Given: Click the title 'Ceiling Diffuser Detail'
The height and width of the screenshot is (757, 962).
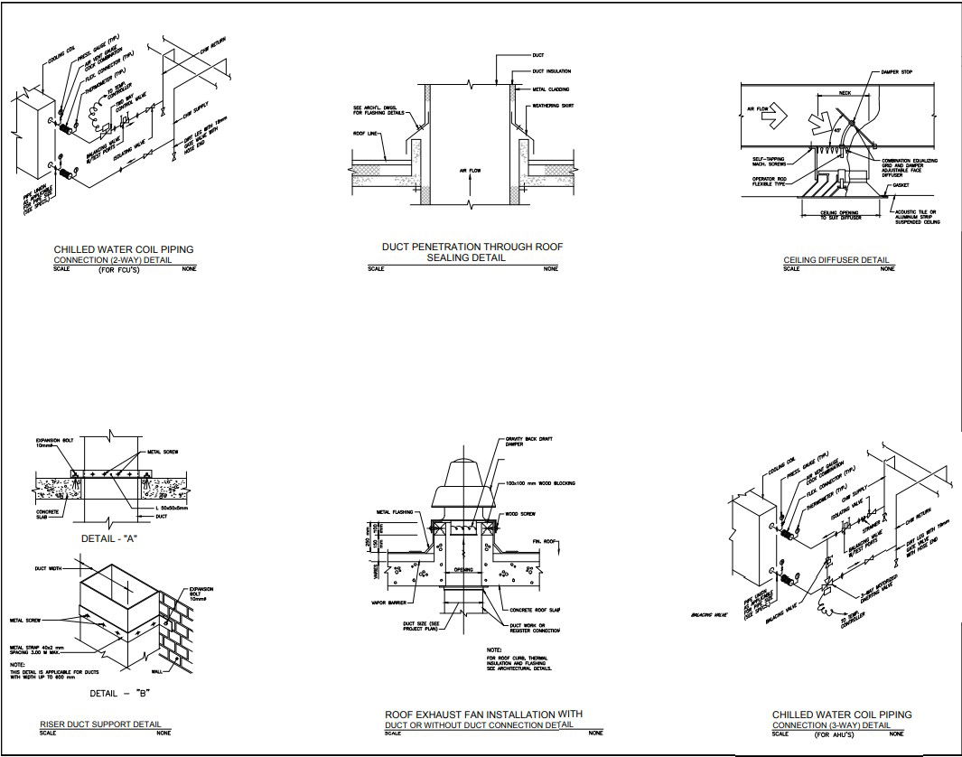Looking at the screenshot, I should click(x=836, y=260).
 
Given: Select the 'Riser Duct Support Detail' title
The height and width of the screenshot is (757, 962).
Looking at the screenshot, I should click(x=101, y=724).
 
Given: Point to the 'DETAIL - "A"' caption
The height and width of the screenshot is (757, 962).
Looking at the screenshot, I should click(x=108, y=537).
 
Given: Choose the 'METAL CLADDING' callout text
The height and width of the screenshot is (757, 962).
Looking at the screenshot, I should click(x=551, y=89).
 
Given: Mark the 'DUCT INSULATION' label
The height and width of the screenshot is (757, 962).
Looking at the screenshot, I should click(x=551, y=71).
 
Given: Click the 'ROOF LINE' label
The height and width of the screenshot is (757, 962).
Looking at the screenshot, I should click(x=366, y=132).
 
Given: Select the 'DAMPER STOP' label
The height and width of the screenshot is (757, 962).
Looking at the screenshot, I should click(x=895, y=72).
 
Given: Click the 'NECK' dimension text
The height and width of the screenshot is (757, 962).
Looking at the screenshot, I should click(x=845, y=92).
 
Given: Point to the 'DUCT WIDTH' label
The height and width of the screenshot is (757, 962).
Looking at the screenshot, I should click(x=49, y=569).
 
